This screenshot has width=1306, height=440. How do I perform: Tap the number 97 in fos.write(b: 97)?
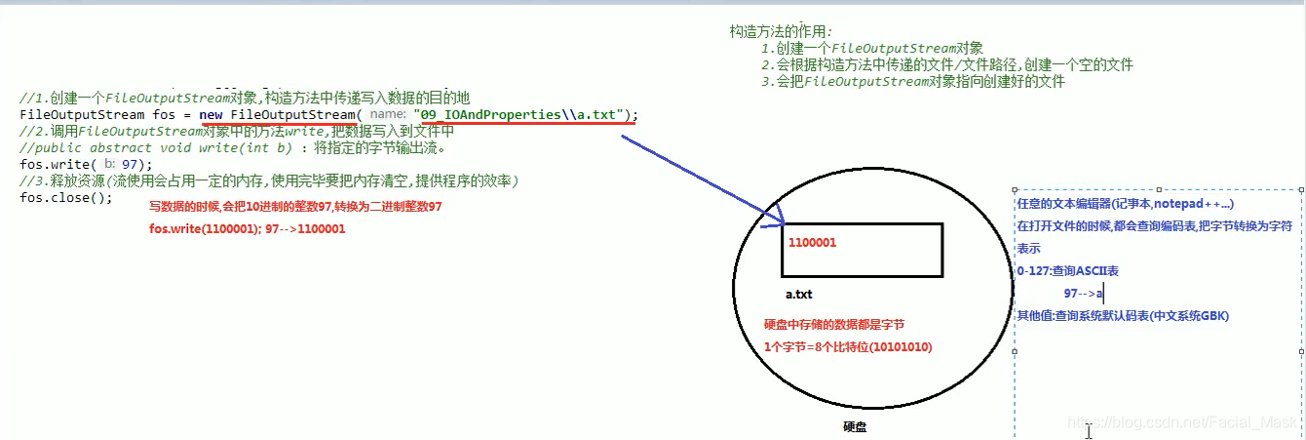click(x=131, y=164)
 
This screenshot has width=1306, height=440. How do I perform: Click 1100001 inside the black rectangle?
click(x=813, y=241)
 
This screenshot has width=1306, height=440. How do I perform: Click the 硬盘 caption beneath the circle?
click(x=855, y=426)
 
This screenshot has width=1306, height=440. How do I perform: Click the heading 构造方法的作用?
click(x=782, y=31)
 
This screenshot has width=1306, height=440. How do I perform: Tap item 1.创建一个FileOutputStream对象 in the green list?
click(x=872, y=48)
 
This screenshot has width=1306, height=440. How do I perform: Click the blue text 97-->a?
click(x=1083, y=293)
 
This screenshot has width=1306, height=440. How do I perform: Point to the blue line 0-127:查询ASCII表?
click(x=1067, y=270)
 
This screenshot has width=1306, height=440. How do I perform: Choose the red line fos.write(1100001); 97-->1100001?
click(x=247, y=228)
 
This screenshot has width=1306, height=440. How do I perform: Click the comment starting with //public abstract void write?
click(x=232, y=147)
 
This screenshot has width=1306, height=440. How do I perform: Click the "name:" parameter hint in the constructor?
click(x=387, y=115)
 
